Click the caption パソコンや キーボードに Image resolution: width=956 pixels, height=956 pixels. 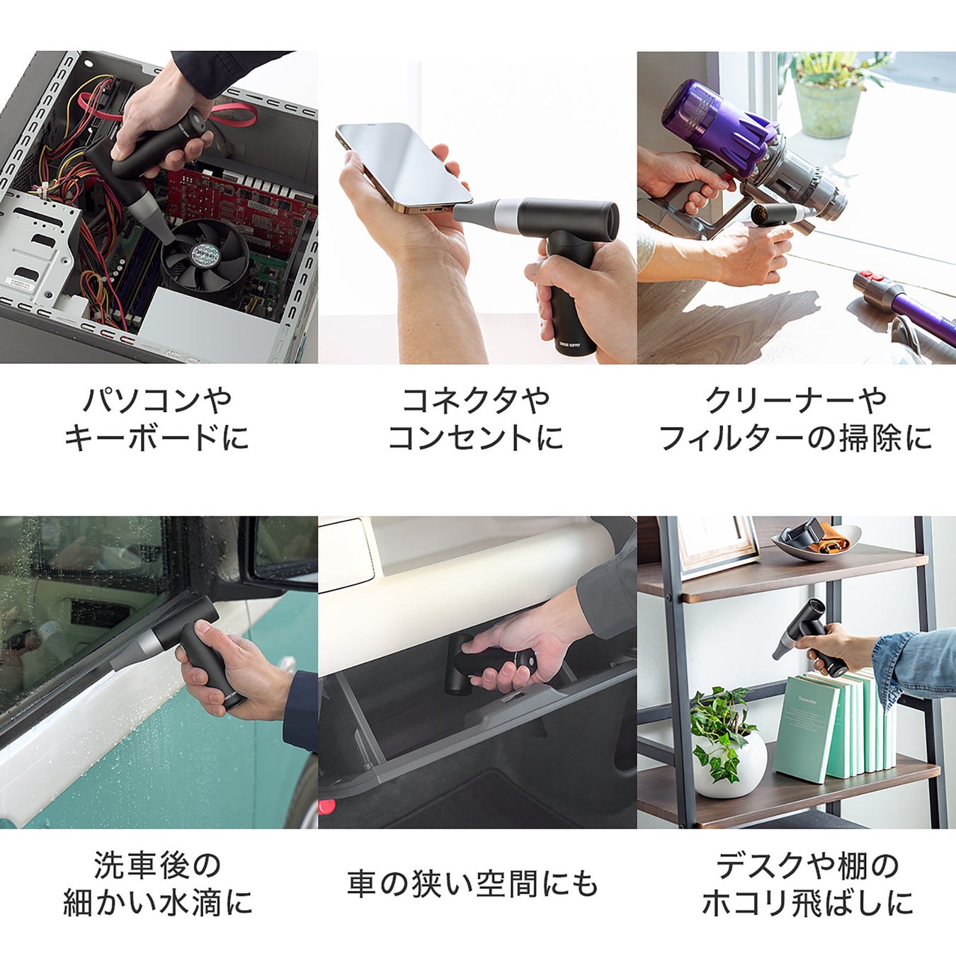[157, 419]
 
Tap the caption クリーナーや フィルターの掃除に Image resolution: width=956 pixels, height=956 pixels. [796, 419]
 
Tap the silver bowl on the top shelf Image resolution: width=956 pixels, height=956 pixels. [816, 543]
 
